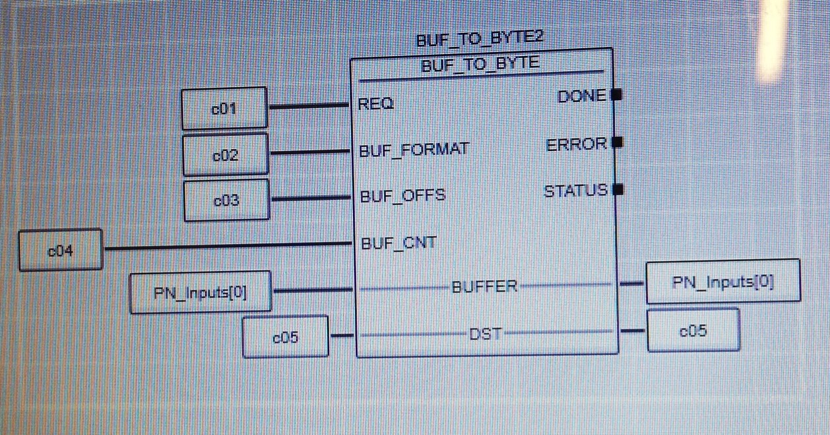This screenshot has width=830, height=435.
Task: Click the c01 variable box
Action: pyautogui.click(x=224, y=108)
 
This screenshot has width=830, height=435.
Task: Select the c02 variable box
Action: pyautogui.click(x=225, y=155)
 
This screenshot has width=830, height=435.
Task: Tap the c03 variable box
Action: pyautogui.click(x=226, y=200)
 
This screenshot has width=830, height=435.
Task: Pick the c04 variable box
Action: pyautogui.click(x=60, y=250)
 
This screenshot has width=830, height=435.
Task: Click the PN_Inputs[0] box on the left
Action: pyautogui.click(x=201, y=292)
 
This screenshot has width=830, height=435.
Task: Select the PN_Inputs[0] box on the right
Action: pyautogui.click(x=723, y=282)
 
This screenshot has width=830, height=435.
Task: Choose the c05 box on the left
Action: pyautogui.click(x=286, y=337)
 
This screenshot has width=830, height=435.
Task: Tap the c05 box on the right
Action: pyautogui.click(x=693, y=331)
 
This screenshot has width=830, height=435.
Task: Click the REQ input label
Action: pyautogui.click(x=376, y=104)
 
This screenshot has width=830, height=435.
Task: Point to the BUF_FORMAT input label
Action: pyautogui.click(x=414, y=150)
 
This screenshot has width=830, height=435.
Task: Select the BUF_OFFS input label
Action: pyautogui.click(x=402, y=196)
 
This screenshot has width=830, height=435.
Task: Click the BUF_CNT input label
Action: pyautogui.click(x=399, y=243)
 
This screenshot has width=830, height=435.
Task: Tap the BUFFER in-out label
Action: pyautogui.click(x=485, y=287)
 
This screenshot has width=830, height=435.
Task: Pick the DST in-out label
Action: pyautogui.click(x=486, y=333)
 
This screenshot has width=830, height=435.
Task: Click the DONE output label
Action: pyautogui.click(x=581, y=96)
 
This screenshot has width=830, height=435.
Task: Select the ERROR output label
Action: pyautogui.click(x=577, y=144)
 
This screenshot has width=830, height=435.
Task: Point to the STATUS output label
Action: pyautogui.click(x=575, y=191)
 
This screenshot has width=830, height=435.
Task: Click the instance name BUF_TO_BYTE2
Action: pyautogui.click(x=480, y=38)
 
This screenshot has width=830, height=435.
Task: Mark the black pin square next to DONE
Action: pyautogui.click(x=618, y=95)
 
